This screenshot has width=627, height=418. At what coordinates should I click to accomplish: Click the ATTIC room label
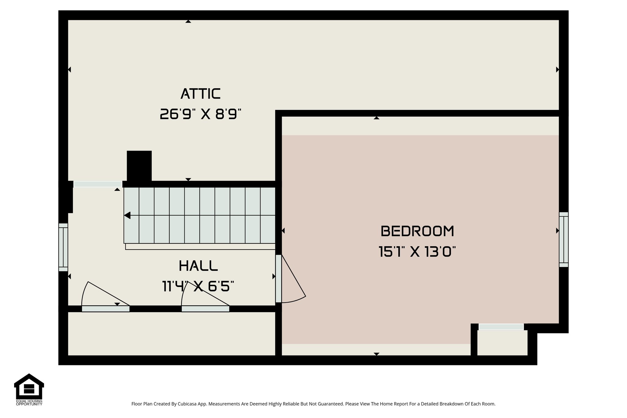coord(201,94)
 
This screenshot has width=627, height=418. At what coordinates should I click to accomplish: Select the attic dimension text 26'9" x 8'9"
coord(201,115)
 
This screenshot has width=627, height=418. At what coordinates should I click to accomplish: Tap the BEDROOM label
coord(417,231)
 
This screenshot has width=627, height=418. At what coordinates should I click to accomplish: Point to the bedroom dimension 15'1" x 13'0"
coord(417,252)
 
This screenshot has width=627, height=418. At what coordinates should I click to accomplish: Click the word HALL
coord(198,266)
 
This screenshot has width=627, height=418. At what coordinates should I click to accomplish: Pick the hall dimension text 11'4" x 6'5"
coord(198,287)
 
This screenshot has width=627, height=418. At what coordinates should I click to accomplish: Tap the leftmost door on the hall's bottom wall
coord(105,309)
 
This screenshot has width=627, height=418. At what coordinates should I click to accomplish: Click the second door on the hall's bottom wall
coord(205,309)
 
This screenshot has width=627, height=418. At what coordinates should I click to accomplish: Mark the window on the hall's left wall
coord(63,247)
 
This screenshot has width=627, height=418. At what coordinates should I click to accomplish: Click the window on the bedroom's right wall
coord(564,239)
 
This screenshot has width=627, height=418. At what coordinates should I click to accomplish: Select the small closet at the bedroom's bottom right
coord(502,343)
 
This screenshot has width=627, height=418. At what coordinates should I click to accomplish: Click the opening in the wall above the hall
coord(98,184)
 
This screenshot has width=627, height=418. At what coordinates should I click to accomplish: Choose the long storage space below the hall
coord(171,334)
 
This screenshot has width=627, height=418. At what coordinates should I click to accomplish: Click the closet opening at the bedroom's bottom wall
coord(501,327)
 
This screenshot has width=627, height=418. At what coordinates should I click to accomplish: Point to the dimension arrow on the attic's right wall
coord(558,70)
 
